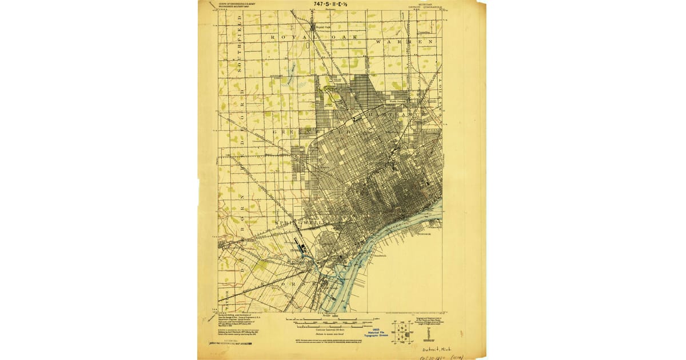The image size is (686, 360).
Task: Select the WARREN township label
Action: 403,42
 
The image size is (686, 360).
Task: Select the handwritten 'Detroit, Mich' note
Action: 438,349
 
